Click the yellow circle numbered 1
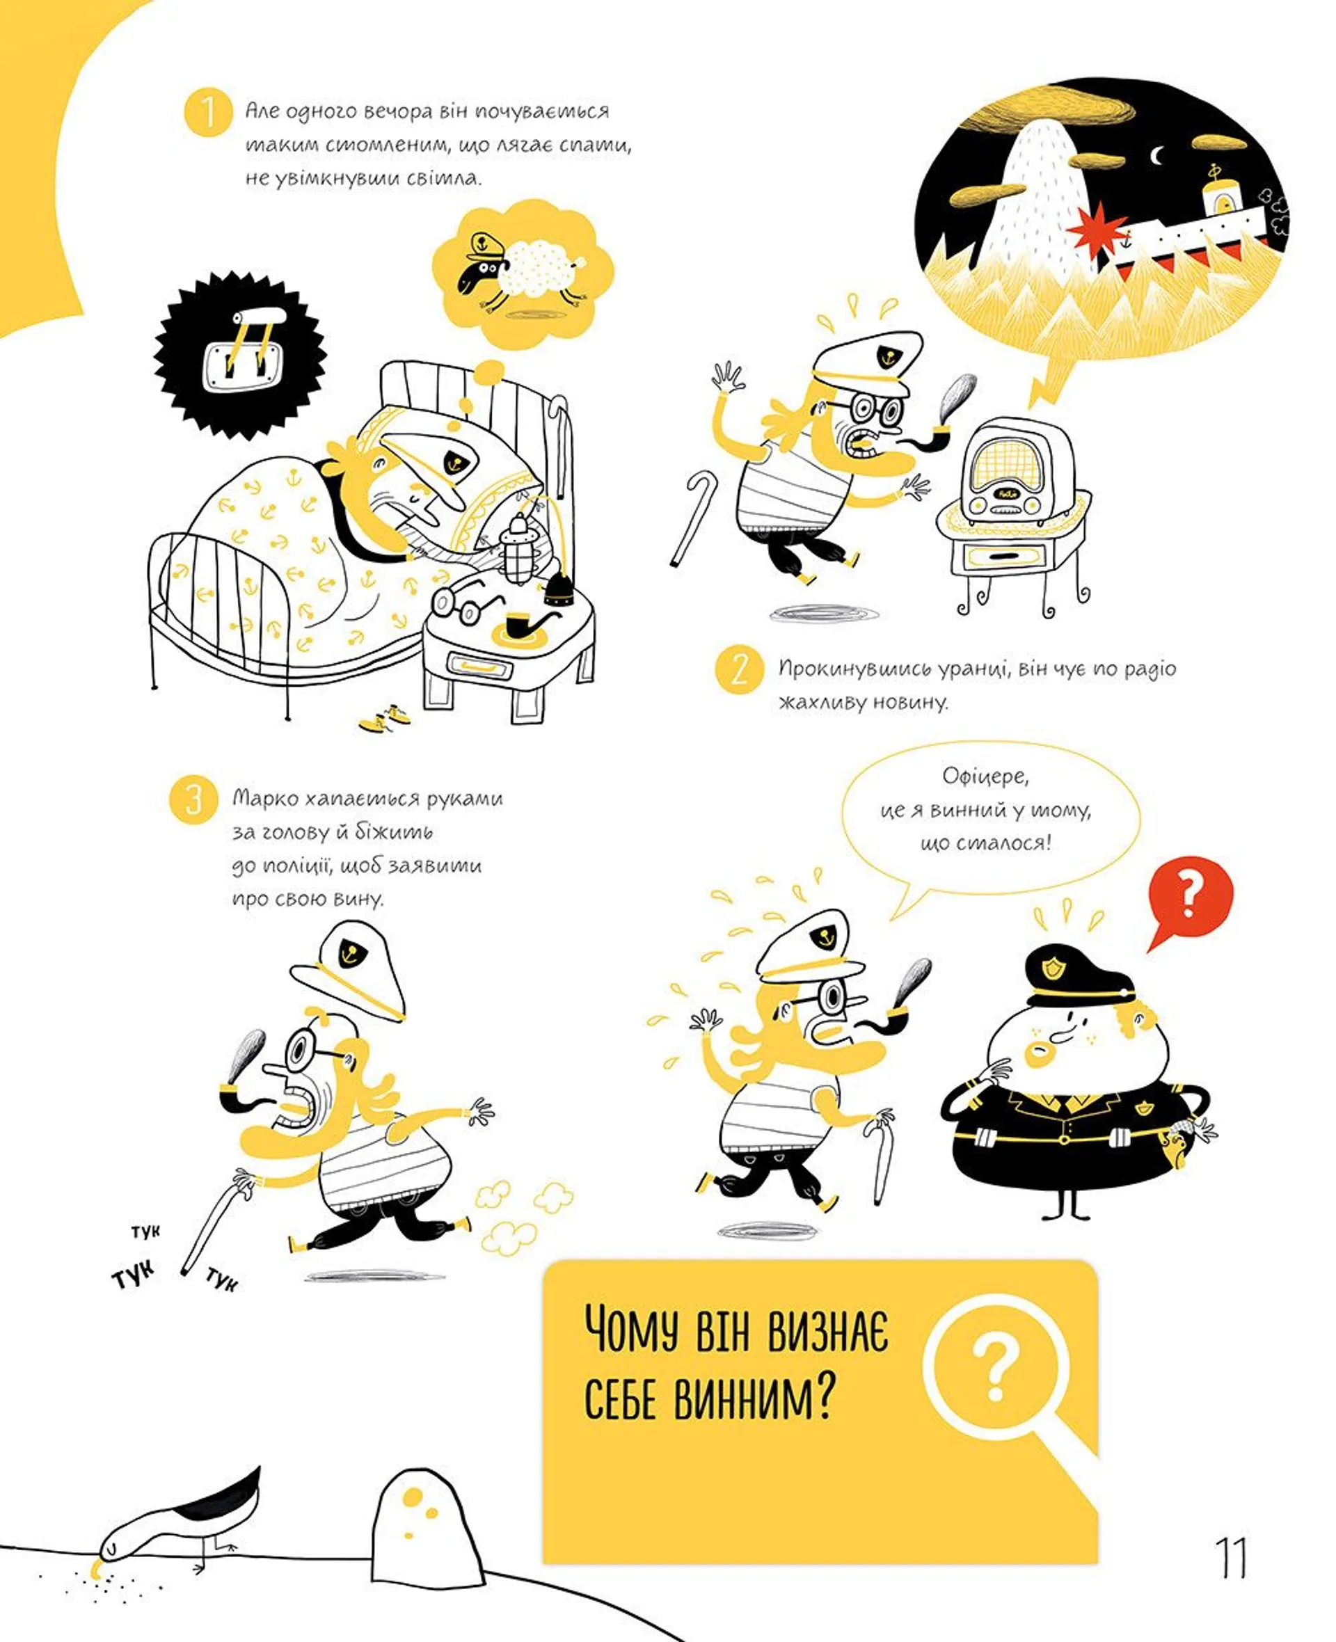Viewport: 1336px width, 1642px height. (208, 112)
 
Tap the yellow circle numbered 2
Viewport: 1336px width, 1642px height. (739, 669)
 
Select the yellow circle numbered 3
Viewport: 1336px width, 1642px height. (193, 799)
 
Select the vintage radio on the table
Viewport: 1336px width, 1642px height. (1015, 472)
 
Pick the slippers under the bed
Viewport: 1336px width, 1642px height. (385, 718)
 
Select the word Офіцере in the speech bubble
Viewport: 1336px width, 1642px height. (985, 776)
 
